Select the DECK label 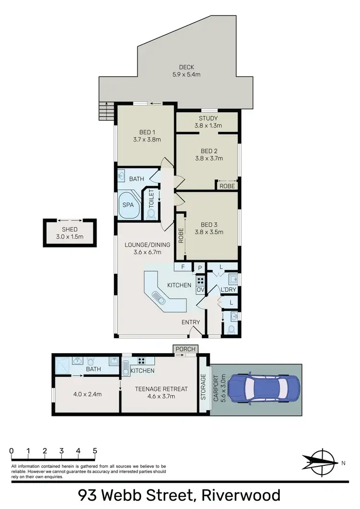coord(186,67)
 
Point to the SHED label coord(70,230)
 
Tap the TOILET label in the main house coord(151,198)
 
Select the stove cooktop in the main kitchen coord(201,281)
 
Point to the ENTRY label coord(191,322)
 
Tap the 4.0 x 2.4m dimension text coord(86,394)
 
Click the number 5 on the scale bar coord(95,451)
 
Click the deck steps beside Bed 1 coord(105,112)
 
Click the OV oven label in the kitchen coord(200,290)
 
